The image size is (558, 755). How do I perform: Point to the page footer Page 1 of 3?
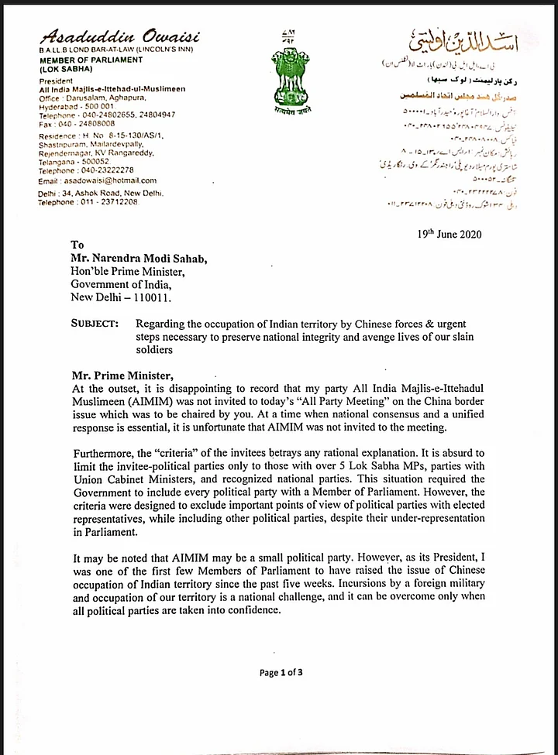(281, 672)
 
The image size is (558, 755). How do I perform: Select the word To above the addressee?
(77, 245)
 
